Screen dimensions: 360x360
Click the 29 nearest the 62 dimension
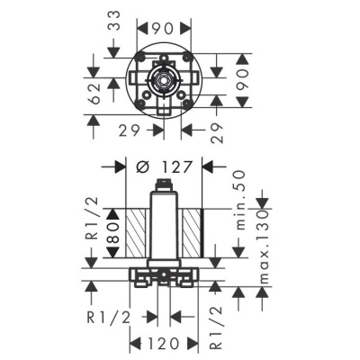(x=128, y=129)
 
